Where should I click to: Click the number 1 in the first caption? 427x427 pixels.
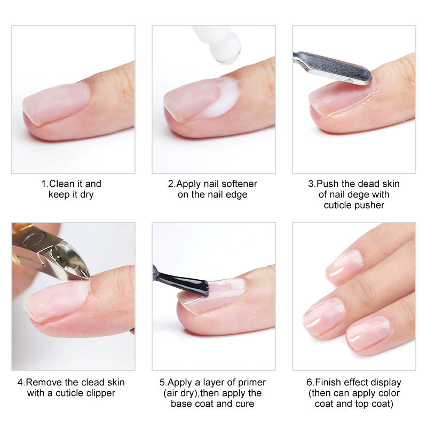tap(44, 184)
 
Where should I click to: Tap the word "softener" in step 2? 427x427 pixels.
tap(239, 184)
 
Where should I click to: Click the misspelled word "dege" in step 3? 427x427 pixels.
tap(363, 195)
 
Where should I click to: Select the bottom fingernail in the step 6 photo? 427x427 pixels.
tap(369, 331)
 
